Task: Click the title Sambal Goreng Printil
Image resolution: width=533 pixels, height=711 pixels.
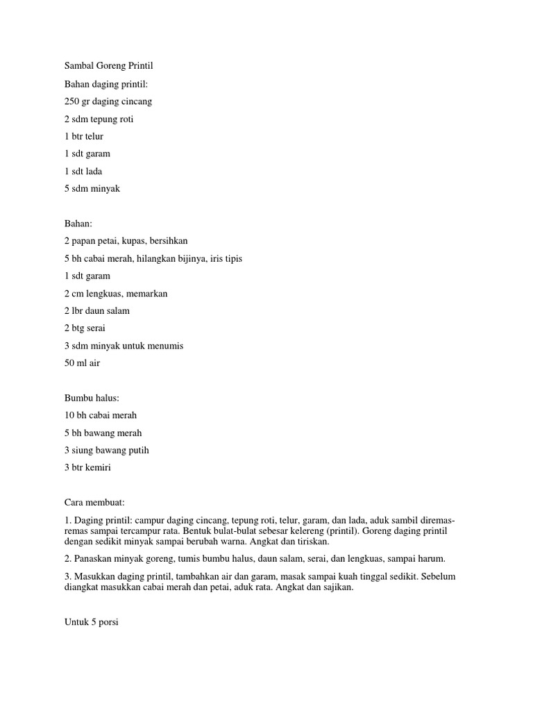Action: pyautogui.click(x=108, y=66)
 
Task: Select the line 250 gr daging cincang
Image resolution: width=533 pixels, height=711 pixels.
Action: pyautogui.click(x=108, y=101)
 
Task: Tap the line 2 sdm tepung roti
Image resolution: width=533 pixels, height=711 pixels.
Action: pyautogui.click(x=99, y=119)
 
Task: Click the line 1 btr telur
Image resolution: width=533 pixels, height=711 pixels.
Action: pyautogui.click(x=84, y=136)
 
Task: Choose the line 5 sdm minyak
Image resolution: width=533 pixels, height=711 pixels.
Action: pyautogui.click(x=92, y=188)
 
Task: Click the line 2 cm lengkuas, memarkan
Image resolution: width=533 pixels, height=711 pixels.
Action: pyautogui.click(x=116, y=293)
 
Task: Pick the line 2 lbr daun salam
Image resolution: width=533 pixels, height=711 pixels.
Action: pyautogui.click(x=97, y=310)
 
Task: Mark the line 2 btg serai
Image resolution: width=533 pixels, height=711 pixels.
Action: pyautogui.click(x=85, y=328)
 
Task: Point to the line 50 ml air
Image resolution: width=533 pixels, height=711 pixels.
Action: pyautogui.click(x=82, y=362)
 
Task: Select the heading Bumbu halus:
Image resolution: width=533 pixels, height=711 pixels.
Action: pyautogui.click(x=92, y=398)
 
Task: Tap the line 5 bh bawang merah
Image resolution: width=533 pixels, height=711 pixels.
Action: pyautogui.click(x=103, y=433)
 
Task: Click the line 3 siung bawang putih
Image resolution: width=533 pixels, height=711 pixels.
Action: pyautogui.click(x=107, y=450)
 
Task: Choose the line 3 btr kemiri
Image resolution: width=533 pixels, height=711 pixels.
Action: pyautogui.click(x=87, y=467)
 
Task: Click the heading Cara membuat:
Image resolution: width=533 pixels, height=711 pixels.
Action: pyautogui.click(x=94, y=502)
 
